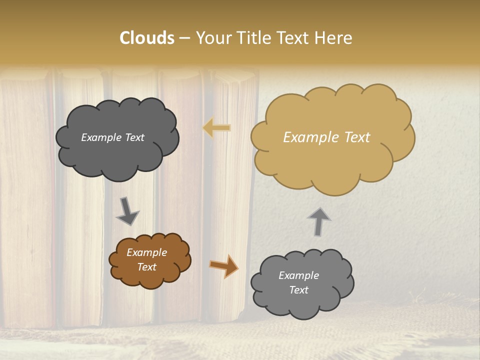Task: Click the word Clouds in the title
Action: [146, 38]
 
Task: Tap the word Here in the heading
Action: [334, 38]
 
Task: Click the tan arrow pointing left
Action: [216, 128]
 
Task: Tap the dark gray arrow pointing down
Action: [127, 211]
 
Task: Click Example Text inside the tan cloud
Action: [326, 137]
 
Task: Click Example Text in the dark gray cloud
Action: [112, 137]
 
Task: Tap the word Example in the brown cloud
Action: [147, 252]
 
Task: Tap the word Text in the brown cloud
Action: [147, 267]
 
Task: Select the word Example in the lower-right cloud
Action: [298, 275]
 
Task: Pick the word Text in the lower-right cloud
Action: [298, 290]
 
